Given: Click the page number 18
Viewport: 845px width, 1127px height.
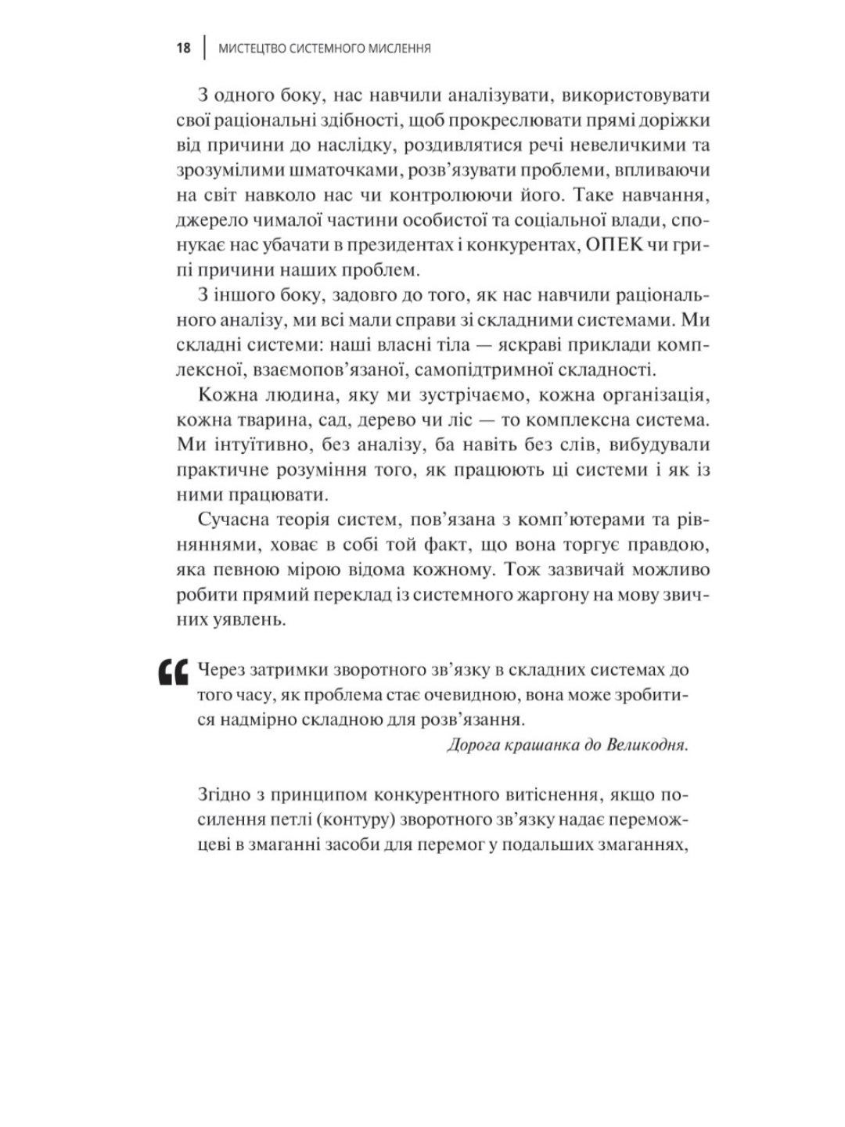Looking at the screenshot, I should pos(184,49).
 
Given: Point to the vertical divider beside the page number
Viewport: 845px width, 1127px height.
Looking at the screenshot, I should pos(204,49).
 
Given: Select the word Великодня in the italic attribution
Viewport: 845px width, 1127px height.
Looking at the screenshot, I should pos(647,744).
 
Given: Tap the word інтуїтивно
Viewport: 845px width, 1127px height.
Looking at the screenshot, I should pos(260,445).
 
